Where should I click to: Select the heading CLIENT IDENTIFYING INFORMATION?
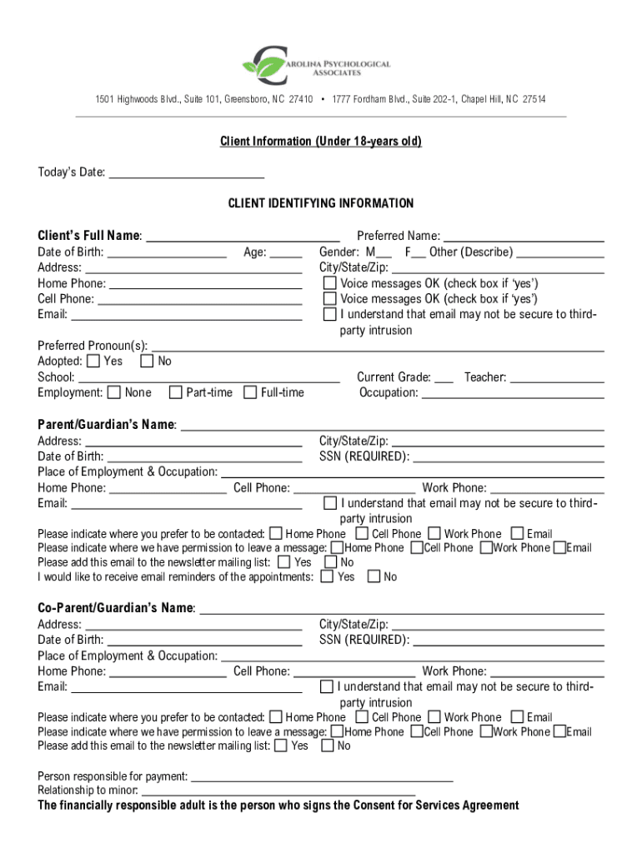click(321, 203)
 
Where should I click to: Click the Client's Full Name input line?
click(242, 236)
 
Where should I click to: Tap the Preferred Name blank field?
click(524, 236)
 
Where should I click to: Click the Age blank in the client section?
click(286, 252)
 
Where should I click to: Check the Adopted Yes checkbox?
click(93, 362)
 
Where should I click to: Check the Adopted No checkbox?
click(147, 362)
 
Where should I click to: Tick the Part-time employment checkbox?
click(176, 392)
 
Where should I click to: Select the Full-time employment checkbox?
click(250, 392)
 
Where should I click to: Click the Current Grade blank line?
click(444, 377)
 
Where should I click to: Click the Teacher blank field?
click(556, 377)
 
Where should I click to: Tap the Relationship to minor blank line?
click(278, 791)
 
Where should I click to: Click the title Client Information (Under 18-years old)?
click(321, 142)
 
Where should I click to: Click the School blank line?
click(208, 377)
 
